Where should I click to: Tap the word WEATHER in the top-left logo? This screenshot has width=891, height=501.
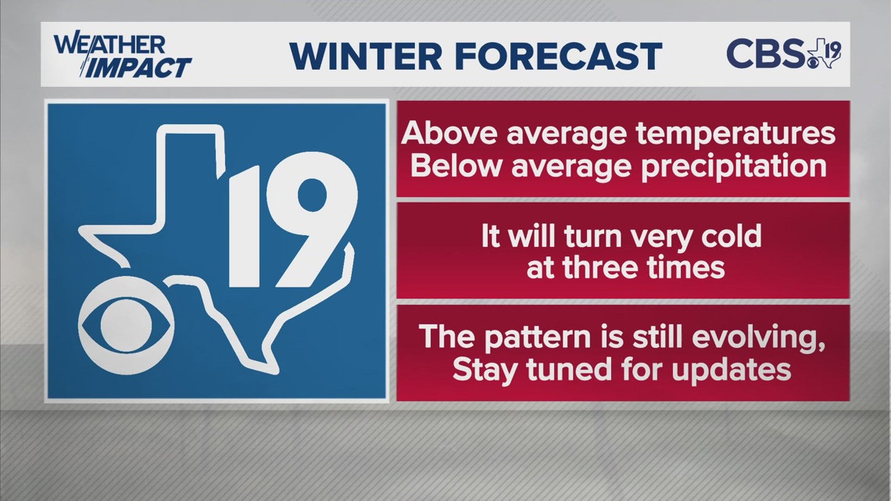click(109, 45)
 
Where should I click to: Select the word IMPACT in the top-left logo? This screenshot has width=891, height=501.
click(138, 68)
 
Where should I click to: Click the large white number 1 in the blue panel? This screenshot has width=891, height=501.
click(248, 233)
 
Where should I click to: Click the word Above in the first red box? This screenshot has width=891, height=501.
click(449, 134)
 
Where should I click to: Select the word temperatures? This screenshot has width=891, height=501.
click(734, 134)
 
